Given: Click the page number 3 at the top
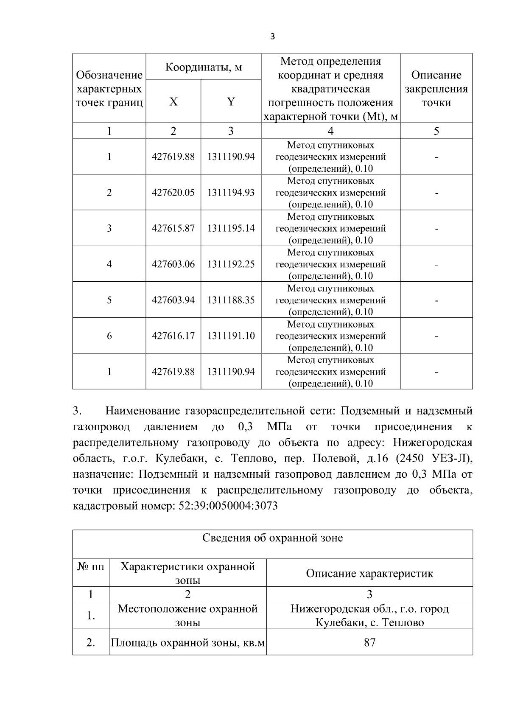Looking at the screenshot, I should click(272, 37).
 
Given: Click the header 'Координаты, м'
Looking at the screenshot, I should click(203, 67).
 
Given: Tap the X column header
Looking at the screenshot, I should click(173, 102).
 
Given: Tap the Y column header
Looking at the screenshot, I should click(231, 102).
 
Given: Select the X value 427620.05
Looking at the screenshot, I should click(173, 193).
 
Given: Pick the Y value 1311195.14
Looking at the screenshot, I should click(231, 228).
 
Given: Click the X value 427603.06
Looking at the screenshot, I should click(173, 264).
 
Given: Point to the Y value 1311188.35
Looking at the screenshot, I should click(231, 300).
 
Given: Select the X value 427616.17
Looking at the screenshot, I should click(173, 336).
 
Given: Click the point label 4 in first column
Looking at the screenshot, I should click(109, 264).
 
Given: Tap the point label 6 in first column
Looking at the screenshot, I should click(109, 336).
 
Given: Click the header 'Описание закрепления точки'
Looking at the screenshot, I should click(436, 89).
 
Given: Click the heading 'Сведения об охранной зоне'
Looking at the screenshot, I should click(272, 538).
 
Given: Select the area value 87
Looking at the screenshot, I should click(369, 642).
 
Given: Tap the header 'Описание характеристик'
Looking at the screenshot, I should click(369, 574).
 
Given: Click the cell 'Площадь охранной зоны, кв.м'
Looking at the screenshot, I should click(187, 643).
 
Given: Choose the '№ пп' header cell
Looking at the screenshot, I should click(91, 567).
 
